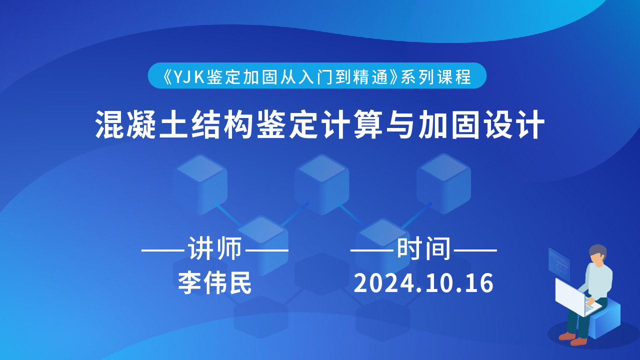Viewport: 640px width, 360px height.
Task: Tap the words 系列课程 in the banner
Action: click(x=435, y=76)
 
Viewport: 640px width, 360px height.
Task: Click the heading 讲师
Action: click(x=215, y=249)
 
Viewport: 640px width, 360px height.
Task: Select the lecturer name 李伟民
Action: click(x=214, y=283)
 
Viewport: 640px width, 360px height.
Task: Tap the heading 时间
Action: click(x=423, y=249)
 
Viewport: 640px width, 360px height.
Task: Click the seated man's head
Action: click(x=597, y=254)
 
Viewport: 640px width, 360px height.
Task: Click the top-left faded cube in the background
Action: click(x=200, y=184)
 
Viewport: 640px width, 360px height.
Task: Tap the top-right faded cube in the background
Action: click(x=443, y=183)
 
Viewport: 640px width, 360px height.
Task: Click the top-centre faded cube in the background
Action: click(x=321, y=184)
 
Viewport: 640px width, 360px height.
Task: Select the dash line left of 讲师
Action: click(x=163, y=250)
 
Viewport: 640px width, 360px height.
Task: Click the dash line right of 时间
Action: click(x=475, y=250)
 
